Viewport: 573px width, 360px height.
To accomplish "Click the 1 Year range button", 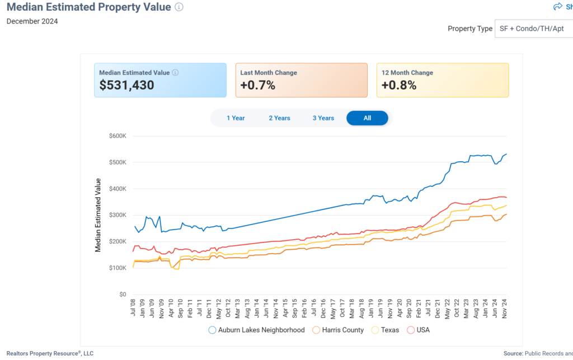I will coord(236,118).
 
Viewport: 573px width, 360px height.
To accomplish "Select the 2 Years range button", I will coord(279,118).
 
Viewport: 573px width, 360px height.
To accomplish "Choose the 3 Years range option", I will coord(323,118).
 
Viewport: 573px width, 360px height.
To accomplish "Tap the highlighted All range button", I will coord(367,118).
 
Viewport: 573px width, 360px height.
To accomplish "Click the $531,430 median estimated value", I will coord(126,86).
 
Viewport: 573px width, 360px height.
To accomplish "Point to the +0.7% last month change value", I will coord(258,86).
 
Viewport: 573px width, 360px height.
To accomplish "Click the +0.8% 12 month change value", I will coord(399,86).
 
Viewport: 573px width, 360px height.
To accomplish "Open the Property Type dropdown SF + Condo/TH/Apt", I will coord(532,29).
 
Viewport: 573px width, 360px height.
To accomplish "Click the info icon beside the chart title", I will coord(179,7).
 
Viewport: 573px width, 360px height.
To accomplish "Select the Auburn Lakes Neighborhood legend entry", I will coord(256,330).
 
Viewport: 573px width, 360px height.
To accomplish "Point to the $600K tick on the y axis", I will coord(118,136).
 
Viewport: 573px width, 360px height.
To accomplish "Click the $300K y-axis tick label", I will coord(118,215).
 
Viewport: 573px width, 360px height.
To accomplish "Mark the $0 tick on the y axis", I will coord(122,294).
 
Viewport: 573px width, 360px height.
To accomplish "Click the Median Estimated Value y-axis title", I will coord(98,215).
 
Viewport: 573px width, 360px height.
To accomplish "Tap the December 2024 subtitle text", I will coord(32,21).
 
